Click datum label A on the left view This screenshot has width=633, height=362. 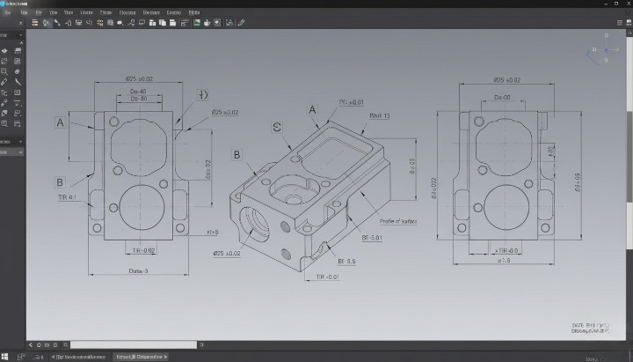coord(61,122)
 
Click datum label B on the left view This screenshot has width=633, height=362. coord(60,182)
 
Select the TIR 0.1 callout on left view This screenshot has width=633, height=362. coord(67,197)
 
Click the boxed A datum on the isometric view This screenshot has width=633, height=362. coord(311,110)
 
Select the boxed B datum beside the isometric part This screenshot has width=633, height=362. coord(236,155)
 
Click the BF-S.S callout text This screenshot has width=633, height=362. coord(346,261)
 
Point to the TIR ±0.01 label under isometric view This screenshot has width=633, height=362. coord(327,277)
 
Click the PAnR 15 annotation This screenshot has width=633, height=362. coord(380,115)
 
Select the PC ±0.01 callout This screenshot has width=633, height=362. coord(351,102)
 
